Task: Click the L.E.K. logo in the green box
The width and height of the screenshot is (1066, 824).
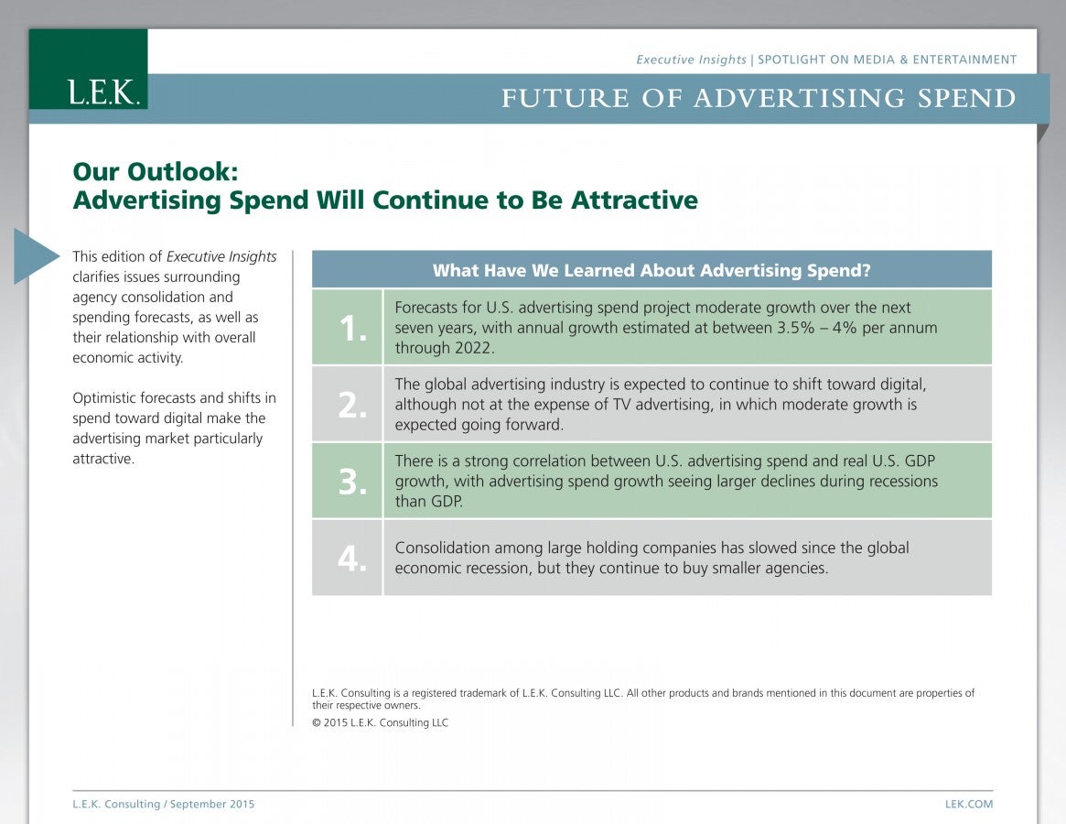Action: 104,92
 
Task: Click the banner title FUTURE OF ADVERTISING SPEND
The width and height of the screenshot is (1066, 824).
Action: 759,99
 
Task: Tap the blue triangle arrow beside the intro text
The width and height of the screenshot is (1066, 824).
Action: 37,255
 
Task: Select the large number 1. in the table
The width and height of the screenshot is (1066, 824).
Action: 353,329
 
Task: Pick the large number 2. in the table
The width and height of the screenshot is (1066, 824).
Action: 353,406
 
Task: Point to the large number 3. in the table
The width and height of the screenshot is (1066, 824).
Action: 353,482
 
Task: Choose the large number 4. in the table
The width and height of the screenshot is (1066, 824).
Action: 353,558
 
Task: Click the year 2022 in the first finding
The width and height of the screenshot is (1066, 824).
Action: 475,348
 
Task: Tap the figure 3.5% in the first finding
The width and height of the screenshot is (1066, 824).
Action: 795,327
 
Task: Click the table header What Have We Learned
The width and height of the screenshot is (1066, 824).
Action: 651,270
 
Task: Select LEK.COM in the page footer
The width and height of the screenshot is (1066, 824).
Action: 969,804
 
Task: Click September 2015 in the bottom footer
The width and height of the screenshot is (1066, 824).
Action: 212,804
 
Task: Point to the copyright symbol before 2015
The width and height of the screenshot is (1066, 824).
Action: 316,722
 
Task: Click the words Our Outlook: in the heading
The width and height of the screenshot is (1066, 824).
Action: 156,171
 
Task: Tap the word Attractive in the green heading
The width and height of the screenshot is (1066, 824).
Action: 634,200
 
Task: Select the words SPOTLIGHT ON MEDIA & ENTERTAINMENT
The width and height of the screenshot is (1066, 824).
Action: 888,60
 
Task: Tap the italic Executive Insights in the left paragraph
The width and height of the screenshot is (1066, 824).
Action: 221,256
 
